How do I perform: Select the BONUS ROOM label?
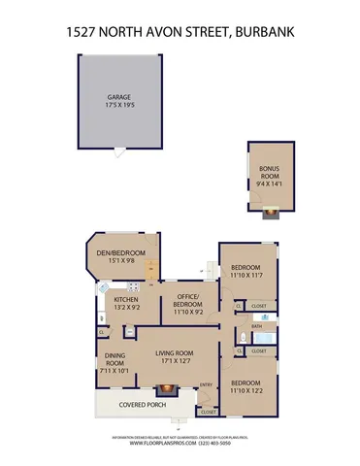pos(261,172)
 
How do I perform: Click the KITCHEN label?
pos(126,300)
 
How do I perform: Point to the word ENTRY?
pos(205,385)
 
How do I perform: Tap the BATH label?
pos(256,326)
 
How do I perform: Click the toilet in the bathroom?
pos(240,335)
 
